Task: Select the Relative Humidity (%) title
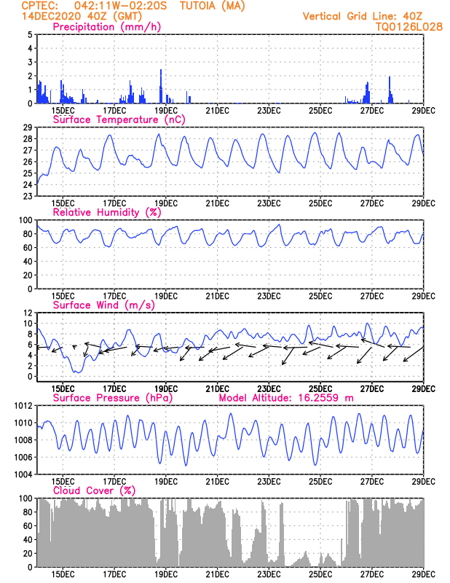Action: (106, 212)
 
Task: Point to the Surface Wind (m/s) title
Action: (98, 305)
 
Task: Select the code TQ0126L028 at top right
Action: (409, 26)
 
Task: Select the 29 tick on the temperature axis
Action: (26, 127)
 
